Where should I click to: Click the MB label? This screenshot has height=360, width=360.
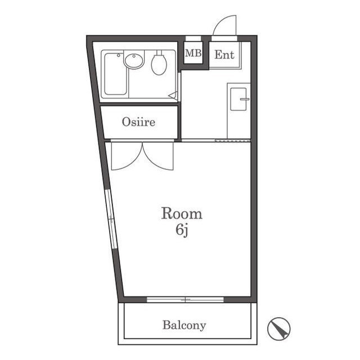(193, 53)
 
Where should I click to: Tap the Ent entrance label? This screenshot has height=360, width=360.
(224, 55)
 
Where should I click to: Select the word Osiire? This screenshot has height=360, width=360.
(138, 122)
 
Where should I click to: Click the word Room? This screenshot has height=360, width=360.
(182, 214)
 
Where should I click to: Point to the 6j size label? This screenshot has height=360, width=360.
(182, 230)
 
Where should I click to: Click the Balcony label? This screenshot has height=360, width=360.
(184, 325)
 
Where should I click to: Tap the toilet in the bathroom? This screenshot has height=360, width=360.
(159, 63)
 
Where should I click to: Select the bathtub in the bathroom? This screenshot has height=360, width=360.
(115, 74)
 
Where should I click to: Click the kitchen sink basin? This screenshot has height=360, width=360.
(238, 99)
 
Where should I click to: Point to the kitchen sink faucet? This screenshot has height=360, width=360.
(245, 100)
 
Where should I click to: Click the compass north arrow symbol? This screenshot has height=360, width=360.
(279, 328)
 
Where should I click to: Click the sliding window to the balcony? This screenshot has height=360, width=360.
(185, 299)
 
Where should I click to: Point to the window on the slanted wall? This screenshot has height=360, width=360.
(111, 219)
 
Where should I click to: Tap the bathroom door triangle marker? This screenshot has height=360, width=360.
(173, 95)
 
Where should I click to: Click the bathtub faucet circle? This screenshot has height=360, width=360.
(119, 55)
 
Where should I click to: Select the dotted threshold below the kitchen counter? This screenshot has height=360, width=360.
(232, 141)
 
